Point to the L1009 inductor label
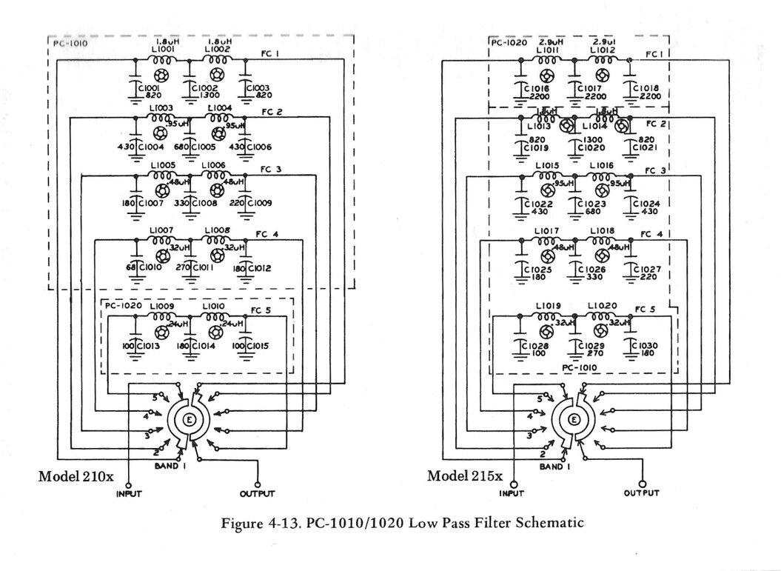point(161,305)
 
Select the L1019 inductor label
point(549,305)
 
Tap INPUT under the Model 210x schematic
point(129,493)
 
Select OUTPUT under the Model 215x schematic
point(641,493)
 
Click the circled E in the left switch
point(188,420)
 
